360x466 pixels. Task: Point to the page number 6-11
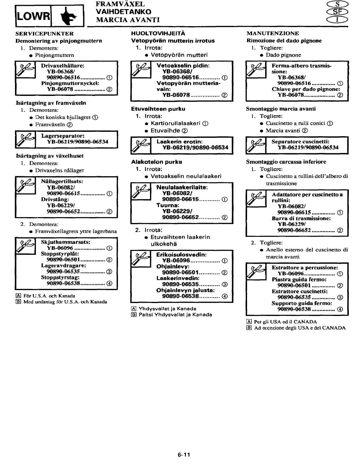(x=184, y=455)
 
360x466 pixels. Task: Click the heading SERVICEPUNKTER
(x=44, y=34)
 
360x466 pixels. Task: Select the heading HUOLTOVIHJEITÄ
(x=158, y=34)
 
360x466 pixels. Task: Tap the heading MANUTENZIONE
(x=272, y=33)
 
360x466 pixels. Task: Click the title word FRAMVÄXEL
(x=120, y=4)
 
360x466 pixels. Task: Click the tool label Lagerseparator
(x=63, y=136)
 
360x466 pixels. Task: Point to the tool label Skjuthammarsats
(x=65, y=242)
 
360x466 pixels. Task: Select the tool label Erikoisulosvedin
(x=181, y=254)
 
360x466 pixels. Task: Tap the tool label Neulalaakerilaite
(x=182, y=187)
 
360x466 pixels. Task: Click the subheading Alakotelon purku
(x=156, y=162)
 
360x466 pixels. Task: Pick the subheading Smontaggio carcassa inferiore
(x=286, y=162)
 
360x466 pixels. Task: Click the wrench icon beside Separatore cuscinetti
(x=256, y=145)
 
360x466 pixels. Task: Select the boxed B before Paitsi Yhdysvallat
(x=134, y=314)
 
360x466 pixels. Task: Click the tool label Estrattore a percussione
(x=305, y=267)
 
